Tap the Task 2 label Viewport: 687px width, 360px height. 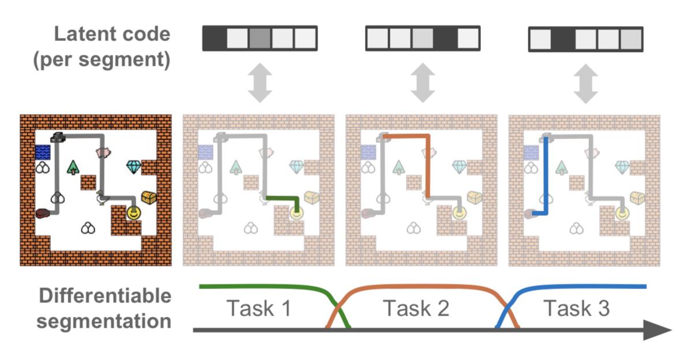tap(416, 309)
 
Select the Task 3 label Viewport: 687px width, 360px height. tap(576, 309)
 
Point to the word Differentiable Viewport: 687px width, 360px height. tap(105, 297)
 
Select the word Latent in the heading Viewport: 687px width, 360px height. tap(80, 34)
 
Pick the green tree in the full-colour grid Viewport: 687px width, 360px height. tap(73, 167)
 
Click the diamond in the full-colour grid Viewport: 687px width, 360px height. tap(134, 167)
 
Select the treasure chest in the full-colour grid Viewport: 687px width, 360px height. tap(148, 197)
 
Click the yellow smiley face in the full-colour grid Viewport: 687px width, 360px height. tap(133, 213)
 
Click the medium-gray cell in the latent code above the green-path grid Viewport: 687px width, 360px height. tap(260, 39)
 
